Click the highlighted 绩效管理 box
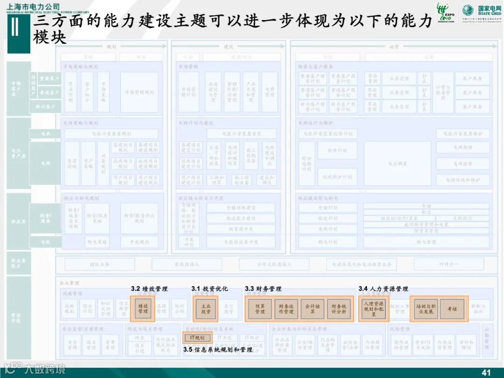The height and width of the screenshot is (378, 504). [143, 308]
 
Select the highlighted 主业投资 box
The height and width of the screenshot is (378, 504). [206, 308]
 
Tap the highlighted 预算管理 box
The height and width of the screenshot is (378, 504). [260, 308]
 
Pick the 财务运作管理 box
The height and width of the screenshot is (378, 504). [286, 308]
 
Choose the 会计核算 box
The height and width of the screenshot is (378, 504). [312, 308]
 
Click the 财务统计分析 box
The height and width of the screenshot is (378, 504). [338, 308]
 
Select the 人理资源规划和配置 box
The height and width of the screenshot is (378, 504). [374, 308]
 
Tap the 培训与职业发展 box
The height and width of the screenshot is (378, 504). [426, 308]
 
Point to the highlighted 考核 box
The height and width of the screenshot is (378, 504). [452, 308]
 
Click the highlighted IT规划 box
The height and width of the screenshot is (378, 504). [197, 337]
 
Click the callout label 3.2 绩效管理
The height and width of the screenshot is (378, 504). [149, 289]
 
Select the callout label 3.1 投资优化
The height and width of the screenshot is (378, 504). [210, 289]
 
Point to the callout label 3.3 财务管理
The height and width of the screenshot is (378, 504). [263, 289]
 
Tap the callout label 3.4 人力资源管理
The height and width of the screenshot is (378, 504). [383, 289]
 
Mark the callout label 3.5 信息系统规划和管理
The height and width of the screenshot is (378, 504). [217, 349]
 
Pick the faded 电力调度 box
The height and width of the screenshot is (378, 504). [398, 164]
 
